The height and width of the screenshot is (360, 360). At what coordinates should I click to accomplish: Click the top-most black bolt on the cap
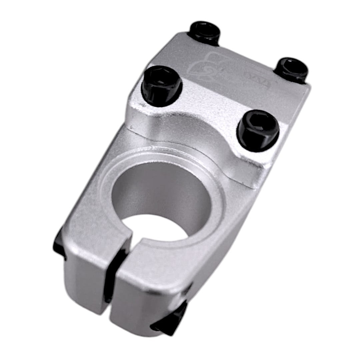(x=205, y=32)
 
